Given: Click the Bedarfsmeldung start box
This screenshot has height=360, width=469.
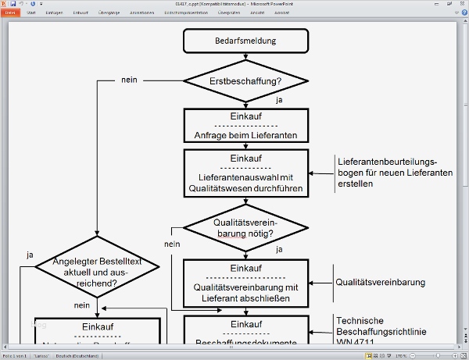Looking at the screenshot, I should click(x=245, y=40).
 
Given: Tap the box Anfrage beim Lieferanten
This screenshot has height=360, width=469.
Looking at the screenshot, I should click(x=246, y=126).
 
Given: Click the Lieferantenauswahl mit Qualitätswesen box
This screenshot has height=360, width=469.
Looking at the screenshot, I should click(x=246, y=173).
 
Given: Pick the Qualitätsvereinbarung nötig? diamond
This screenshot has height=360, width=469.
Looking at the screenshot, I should click(x=245, y=227).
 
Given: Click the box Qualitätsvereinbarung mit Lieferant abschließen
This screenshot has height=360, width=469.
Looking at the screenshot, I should click(x=246, y=282).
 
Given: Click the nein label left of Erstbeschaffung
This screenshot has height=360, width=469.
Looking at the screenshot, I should click(x=130, y=80).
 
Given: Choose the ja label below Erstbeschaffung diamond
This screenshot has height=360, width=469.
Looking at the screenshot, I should click(x=279, y=100).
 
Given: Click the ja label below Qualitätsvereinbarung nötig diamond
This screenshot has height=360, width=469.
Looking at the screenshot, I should click(x=279, y=249).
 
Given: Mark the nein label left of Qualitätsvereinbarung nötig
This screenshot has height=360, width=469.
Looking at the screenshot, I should click(x=173, y=244).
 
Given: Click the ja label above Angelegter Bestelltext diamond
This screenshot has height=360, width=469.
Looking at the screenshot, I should click(x=30, y=255).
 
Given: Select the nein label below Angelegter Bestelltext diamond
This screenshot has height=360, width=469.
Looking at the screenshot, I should click(x=82, y=305).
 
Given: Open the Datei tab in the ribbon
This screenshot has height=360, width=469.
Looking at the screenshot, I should click(x=11, y=12).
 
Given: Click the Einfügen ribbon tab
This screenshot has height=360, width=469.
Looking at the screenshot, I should click(x=55, y=12).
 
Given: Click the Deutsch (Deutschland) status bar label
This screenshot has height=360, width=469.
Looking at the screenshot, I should click(x=77, y=355).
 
